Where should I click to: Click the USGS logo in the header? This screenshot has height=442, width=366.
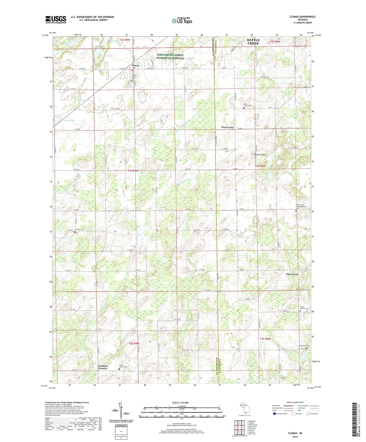55,19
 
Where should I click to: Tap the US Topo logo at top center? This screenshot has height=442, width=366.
182,21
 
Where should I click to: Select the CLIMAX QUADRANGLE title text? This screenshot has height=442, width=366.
302,17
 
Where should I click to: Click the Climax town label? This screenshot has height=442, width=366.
136,65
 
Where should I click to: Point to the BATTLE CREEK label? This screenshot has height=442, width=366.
253,42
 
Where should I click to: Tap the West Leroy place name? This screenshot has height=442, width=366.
227,127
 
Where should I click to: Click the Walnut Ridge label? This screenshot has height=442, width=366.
259,154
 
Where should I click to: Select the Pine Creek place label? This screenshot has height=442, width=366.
292,274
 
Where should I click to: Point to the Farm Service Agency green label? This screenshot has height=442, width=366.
170,56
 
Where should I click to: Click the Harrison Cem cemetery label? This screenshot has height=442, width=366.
79,230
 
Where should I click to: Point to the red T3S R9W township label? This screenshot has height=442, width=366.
133,171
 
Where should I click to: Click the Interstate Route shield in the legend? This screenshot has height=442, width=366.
274,414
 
